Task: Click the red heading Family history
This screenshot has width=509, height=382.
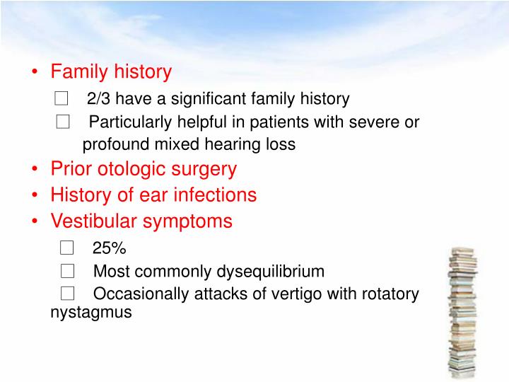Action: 111,71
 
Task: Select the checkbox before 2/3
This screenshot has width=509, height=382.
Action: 61,98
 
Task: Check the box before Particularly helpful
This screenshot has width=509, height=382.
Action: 64,122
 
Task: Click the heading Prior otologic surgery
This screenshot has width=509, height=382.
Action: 144,169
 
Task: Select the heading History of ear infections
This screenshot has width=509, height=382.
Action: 153,195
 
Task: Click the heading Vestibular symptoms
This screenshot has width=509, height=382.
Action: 141,221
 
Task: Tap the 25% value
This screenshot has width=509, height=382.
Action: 109,248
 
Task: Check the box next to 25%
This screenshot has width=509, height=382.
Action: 67,248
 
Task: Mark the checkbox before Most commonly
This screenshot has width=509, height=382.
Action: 67,271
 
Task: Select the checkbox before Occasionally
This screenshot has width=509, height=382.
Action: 67,294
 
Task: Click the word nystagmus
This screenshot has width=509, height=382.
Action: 91,311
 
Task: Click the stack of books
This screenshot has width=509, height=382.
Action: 462,311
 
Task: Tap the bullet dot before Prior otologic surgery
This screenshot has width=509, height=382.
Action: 35,170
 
